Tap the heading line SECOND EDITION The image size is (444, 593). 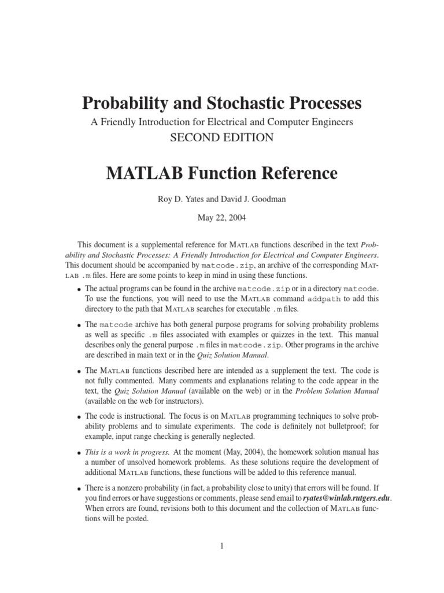[222, 138]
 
